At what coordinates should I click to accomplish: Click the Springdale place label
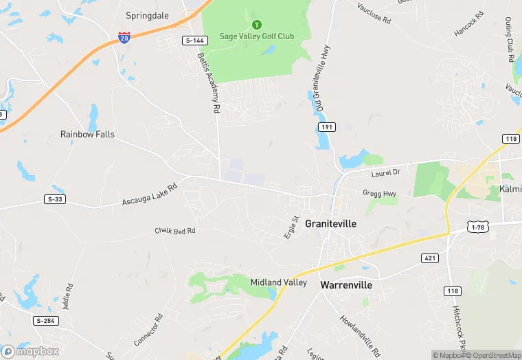pyautogui.click(x=148, y=14)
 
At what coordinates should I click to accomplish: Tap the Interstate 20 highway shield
pyautogui.click(x=124, y=38)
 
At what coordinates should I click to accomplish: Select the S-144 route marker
pyautogui.click(x=192, y=41)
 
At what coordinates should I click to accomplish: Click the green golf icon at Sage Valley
pyautogui.click(x=257, y=24)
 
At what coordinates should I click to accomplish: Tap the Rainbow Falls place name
pyautogui.click(x=87, y=135)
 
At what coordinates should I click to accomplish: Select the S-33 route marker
pyautogui.click(x=55, y=199)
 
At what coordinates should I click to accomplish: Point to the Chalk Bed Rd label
pyautogui.click(x=175, y=231)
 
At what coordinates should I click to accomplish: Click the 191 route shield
pyautogui.click(x=326, y=128)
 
